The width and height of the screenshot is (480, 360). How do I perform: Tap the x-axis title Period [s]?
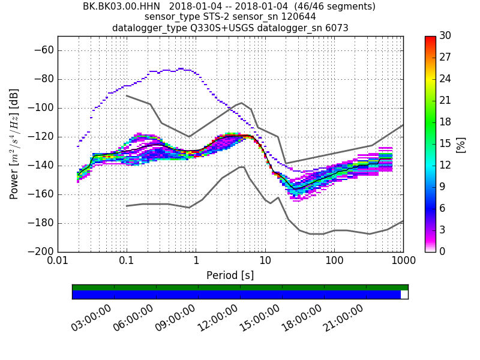click(230, 275)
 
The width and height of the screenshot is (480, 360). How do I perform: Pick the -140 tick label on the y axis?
click(41, 166)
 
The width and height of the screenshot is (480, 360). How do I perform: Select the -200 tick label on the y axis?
click(41, 252)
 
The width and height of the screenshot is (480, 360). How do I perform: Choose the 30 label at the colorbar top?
click(446, 36)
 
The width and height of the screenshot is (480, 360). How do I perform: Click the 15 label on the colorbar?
click(446, 144)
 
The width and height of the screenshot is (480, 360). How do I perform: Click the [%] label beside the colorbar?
click(461, 145)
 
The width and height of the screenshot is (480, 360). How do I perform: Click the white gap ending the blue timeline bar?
click(404, 295)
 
